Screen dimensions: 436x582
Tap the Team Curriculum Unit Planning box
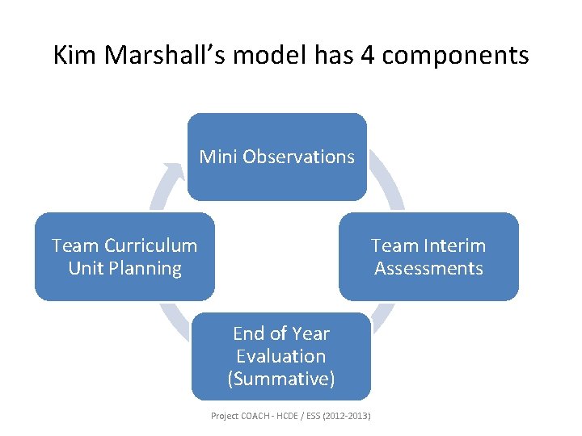point(124,279)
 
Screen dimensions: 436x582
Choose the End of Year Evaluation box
point(280,379)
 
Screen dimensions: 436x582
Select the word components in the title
point(453,57)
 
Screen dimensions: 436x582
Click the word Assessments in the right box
point(428,268)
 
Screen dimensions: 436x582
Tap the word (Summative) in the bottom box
point(281,379)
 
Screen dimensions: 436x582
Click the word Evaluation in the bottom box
point(281,356)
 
